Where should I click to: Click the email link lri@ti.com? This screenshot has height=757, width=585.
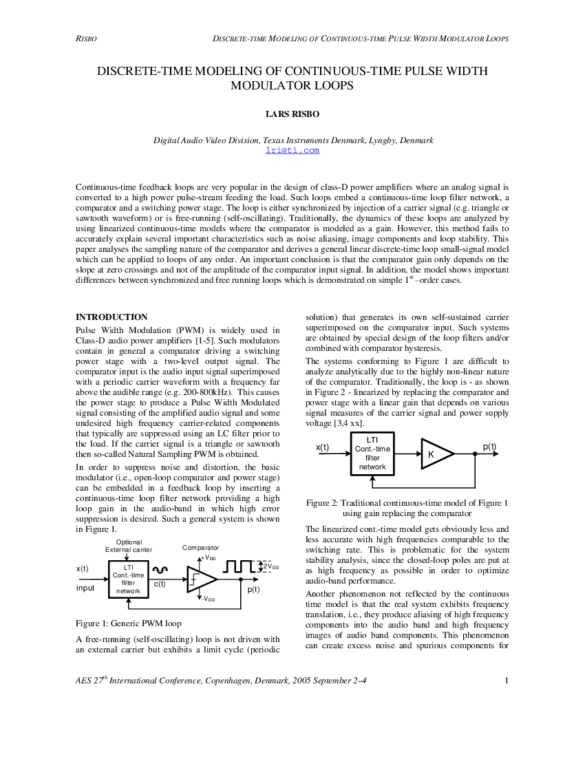(292, 150)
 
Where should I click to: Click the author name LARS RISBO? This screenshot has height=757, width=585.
(292, 114)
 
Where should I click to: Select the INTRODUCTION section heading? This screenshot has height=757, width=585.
(111, 317)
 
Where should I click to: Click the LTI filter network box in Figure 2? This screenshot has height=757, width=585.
(372, 454)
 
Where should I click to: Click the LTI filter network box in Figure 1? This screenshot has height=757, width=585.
(129, 579)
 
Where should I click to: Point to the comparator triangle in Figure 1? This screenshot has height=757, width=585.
(202, 579)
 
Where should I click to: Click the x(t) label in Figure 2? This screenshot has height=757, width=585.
(322, 447)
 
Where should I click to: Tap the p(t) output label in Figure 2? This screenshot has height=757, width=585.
(489, 447)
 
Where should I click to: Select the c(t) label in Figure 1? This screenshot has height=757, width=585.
(160, 584)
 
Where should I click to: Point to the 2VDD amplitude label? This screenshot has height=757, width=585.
(270, 566)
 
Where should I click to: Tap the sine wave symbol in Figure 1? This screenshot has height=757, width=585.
(160, 570)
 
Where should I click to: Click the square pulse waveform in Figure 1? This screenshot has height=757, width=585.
(239, 566)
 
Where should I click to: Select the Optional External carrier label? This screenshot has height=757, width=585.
(129, 546)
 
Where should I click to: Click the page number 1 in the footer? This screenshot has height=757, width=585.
(507, 681)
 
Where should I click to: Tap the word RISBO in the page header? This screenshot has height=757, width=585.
(86, 39)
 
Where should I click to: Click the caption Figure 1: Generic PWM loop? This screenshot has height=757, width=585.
(129, 623)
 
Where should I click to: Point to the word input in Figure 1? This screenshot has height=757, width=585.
(85, 588)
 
